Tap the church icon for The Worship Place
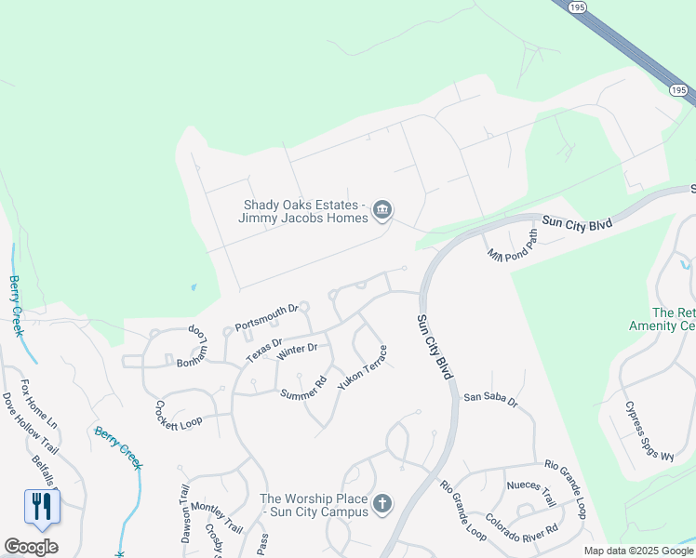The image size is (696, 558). [381, 505]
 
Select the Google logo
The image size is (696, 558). [31, 547]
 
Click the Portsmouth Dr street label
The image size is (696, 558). [266, 316]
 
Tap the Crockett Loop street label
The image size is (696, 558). [178, 415]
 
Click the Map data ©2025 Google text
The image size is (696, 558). [638, 551]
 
